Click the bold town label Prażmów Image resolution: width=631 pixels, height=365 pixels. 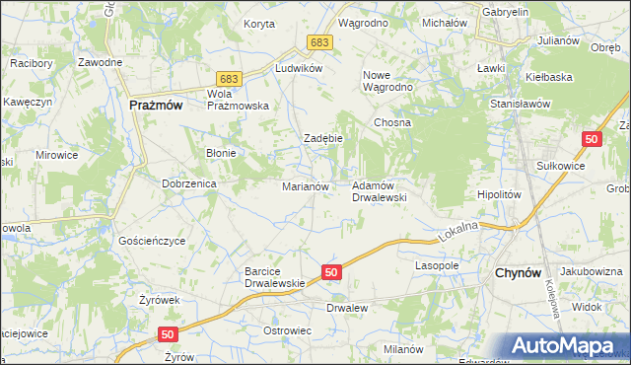(x=157, y=105)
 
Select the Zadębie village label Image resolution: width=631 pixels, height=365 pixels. (x=322, y=138)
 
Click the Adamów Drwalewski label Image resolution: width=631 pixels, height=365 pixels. (x=380, y=191)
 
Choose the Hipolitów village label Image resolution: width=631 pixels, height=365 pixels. (x=498, y=195)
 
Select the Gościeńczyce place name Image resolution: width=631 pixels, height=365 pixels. (x=152, y=241)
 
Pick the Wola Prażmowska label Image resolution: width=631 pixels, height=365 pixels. (x=238, y=100)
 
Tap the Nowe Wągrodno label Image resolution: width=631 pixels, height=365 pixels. (x=388, y=81)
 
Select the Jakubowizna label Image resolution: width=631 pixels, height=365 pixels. (x=593, y=271)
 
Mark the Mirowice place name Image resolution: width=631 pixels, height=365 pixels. (x=56, y=155)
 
